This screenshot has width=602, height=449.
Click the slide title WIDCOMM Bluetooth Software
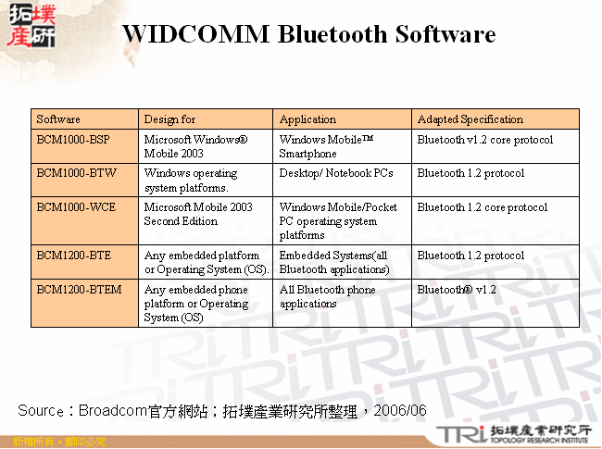point(308,35)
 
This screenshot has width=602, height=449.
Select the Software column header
point(58,119)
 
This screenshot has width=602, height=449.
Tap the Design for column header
point(169,119)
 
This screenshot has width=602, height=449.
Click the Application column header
point(307,119)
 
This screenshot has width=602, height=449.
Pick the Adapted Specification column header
point(470,119)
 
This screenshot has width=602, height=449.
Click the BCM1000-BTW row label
point(77,173)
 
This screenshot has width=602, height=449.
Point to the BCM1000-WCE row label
point(76,207)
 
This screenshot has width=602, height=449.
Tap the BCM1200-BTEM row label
point(79,290)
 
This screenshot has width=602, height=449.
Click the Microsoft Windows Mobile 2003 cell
point(195,146)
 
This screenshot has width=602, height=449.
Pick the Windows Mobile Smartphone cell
point(325,146)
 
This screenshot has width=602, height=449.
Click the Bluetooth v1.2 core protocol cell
point(484,140)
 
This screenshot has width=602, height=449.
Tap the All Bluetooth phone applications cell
point(327,296)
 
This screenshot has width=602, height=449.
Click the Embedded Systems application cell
point(333,262)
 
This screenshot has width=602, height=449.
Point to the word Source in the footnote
point(40,410)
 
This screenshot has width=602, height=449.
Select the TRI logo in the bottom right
point(458,433)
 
